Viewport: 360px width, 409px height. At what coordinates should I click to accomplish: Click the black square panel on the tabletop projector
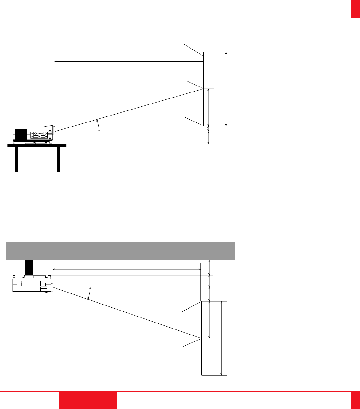pos(21,134)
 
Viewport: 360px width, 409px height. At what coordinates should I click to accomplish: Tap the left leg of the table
pos(17,159)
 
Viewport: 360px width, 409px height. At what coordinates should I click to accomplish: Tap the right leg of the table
pos(58,159)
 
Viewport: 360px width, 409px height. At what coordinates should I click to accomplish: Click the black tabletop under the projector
pos(37,145)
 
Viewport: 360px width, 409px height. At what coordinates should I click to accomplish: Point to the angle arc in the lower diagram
pos(89,293)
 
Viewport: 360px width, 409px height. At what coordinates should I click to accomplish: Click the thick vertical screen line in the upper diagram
pos(203,89)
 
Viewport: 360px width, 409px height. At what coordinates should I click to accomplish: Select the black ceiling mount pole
pos(29,267)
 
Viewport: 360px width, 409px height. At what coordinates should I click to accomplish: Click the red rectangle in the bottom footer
pos(87,400)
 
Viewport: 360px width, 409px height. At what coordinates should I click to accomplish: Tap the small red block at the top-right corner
pos(355,9)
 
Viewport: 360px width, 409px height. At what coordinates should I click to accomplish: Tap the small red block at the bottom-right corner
pos(355,400)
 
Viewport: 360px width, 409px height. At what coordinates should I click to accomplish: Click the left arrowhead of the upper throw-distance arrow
pos(56,62)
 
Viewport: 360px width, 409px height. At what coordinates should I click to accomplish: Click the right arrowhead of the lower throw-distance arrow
pos(199,269)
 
